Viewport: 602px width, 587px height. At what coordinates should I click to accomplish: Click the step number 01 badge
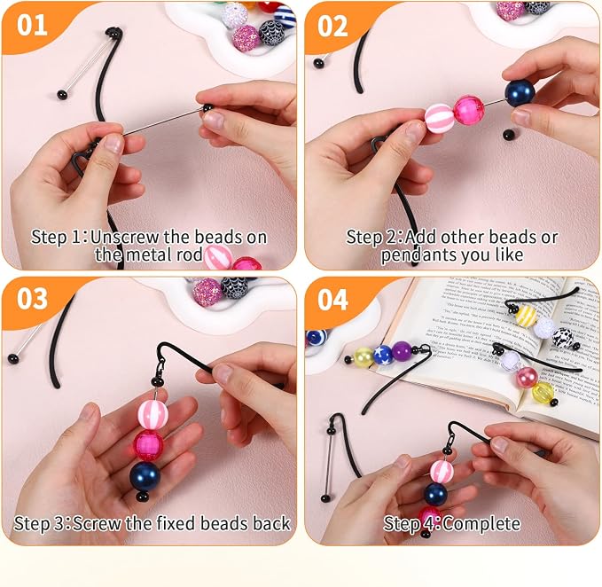pyautogui.click(x=32, y=25)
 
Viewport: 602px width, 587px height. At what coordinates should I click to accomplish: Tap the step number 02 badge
pyautogui.click(x=332, y=26)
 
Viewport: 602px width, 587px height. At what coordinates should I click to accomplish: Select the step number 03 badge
pyautogui.click(x=32, y=299)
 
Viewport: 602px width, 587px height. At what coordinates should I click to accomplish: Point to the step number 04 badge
pyautogui.click(x=332, y=300)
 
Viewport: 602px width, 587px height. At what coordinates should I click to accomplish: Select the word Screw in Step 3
pyautogui.click(x=97, y=523)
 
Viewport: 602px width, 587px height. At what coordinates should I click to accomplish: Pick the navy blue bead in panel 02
pyautogui.click(x=520, y=93)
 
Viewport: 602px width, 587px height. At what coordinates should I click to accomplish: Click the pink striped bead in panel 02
pyautogui.click(x=439, y=118)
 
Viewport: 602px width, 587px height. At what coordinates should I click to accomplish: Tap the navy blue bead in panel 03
pyautogui.click(x=145, y=476)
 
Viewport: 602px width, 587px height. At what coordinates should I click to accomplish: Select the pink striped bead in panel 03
pyautogui.click(x=152, y=415)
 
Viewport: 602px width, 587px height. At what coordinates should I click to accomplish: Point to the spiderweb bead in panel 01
pyautogui.click(x=272, y=33)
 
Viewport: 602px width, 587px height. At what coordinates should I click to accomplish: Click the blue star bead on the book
pyautogui.click(x=382, y=355)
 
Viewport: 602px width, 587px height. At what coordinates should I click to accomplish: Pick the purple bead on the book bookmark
pyautogui.click(x=402, y=351)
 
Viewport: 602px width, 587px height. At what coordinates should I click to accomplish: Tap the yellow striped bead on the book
pyautogui.click(x=526, y=316)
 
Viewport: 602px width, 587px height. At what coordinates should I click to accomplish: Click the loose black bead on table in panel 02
pyautogui.click(x=509, y=135)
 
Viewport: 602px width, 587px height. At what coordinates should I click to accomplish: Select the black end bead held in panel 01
pyautogui.click(x=207, y=108)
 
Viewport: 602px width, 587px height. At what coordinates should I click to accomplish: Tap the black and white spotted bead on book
pyautogui.click(x=563, y=338)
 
